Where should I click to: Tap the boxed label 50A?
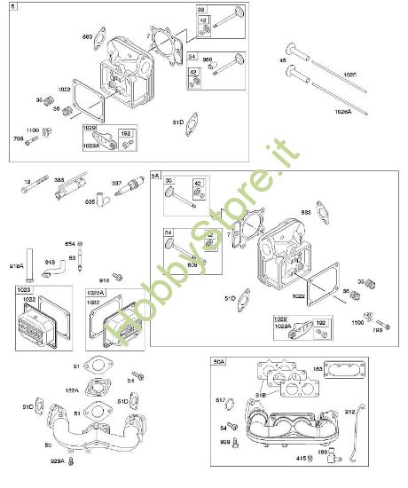[219, 361]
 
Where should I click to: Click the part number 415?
[300, 458]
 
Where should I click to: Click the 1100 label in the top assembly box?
[33, 130]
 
